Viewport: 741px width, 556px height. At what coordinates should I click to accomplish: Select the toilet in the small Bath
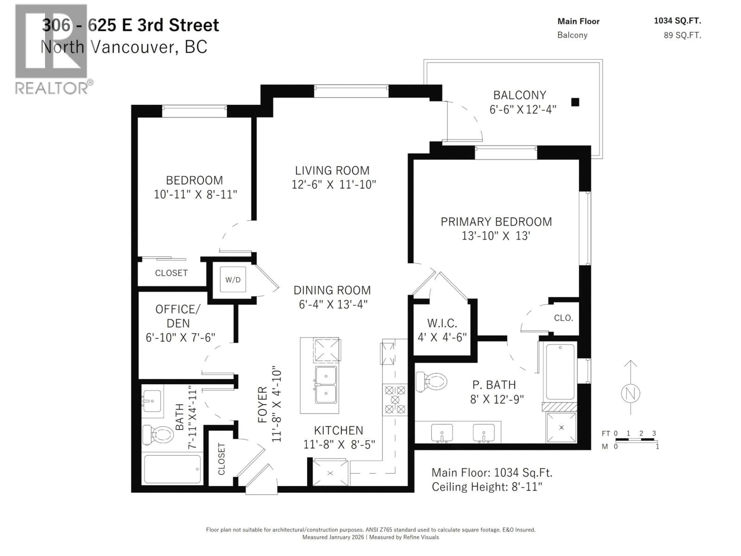pos(158,435)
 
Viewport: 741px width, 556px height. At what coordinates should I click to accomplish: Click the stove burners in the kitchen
pos(395,399)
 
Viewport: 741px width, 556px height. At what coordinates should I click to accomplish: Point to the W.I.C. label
pos(442,323)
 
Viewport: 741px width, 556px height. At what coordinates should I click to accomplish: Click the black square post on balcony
pos(575,102)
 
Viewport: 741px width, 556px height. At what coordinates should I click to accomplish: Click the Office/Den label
pos(178,316)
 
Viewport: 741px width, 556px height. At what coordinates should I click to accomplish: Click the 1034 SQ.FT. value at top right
pos(677,21)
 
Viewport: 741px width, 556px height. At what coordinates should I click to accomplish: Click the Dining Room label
pos(332,290)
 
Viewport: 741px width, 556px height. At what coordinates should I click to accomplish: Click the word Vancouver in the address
pos(132,47)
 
